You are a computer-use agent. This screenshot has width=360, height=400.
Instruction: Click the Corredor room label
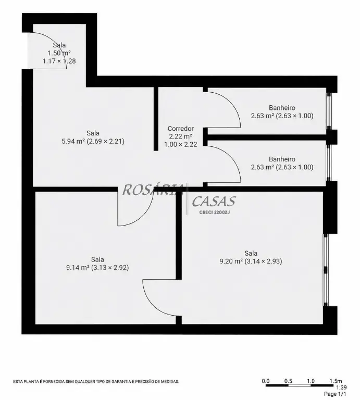pyautogui.click(x=180, y=129)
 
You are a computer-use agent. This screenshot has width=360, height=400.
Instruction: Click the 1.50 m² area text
pyautogui.click(x=59, y=53)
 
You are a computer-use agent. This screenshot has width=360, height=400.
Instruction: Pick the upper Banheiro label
pyautogui.click(x=282, y=108)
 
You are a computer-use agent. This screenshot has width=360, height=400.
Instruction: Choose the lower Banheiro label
pyautogui.click(x=282, y=159)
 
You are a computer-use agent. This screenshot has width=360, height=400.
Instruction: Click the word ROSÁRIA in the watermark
pyautogui.click(x=153, y=190)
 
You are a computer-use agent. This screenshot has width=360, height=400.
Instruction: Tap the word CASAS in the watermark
pyautogui.click(x=214, y=201)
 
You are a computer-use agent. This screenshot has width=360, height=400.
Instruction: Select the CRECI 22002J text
pyautogui.click(x=214, y=213)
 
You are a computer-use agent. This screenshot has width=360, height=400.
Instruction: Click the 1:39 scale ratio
pyautogui.click(x=341, y=387)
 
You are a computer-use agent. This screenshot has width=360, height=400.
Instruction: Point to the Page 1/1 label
pyautogui.click(x=335, y=394)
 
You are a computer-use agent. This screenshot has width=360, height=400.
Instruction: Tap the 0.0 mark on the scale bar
pyautogui.click(x=266, y=381)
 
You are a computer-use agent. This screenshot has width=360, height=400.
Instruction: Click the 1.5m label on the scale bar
pyautogui.click(x=336, y=381)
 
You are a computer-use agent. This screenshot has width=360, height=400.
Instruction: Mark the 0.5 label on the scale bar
pyautogui.click(x=288, y=381)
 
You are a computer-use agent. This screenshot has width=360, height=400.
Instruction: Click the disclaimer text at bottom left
pyautogui.click(x=96, y=382)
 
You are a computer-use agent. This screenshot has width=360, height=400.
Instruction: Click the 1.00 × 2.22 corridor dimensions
pyautogui.click(x=180, y=144)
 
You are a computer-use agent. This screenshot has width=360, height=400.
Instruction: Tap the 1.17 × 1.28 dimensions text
pyautogui.click(x=59, y=61)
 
